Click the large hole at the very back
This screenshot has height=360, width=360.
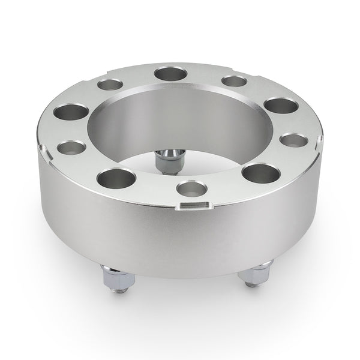170,74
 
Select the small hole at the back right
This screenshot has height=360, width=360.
233,81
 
